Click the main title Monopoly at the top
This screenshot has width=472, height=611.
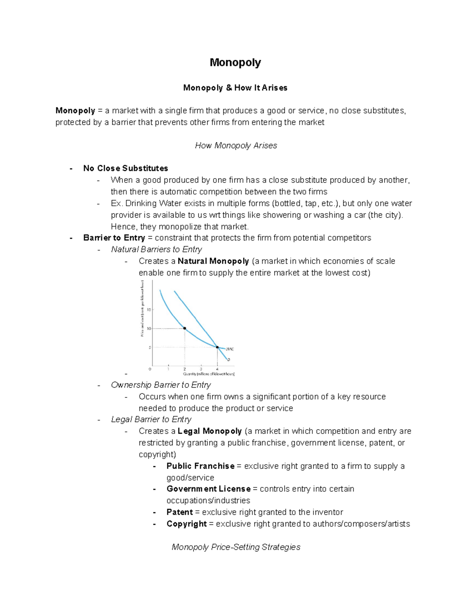(x=235, y=63)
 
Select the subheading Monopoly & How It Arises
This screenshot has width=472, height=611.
(x=235, y=88)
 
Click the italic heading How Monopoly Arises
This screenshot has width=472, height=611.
(x=236, y=146)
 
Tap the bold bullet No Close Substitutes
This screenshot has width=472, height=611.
(x=125, y=168)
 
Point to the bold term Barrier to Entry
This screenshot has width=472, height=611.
(x=114, y=238)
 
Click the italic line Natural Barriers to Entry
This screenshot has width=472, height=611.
(x=156, y=249)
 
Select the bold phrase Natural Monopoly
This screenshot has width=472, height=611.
(x=213, y=261)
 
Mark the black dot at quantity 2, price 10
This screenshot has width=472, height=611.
(x=184, y=328)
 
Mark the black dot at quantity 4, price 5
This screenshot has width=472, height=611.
(x=217, y=347)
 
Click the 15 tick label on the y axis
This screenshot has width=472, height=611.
(x=149, y=310)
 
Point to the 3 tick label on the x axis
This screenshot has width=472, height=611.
(x=201, y=369)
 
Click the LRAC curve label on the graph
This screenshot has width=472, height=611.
(x=230, y=349)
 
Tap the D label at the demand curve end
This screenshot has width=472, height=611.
(x=229, y=360)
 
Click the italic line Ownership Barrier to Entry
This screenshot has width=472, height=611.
(x=160, y=385)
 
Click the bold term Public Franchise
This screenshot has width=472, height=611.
(x=200, y=466)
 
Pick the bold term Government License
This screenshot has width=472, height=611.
(x=208, y=489)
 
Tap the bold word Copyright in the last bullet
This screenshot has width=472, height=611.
(x=186, y=524)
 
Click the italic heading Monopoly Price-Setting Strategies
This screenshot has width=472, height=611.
(x=236, y=547)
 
